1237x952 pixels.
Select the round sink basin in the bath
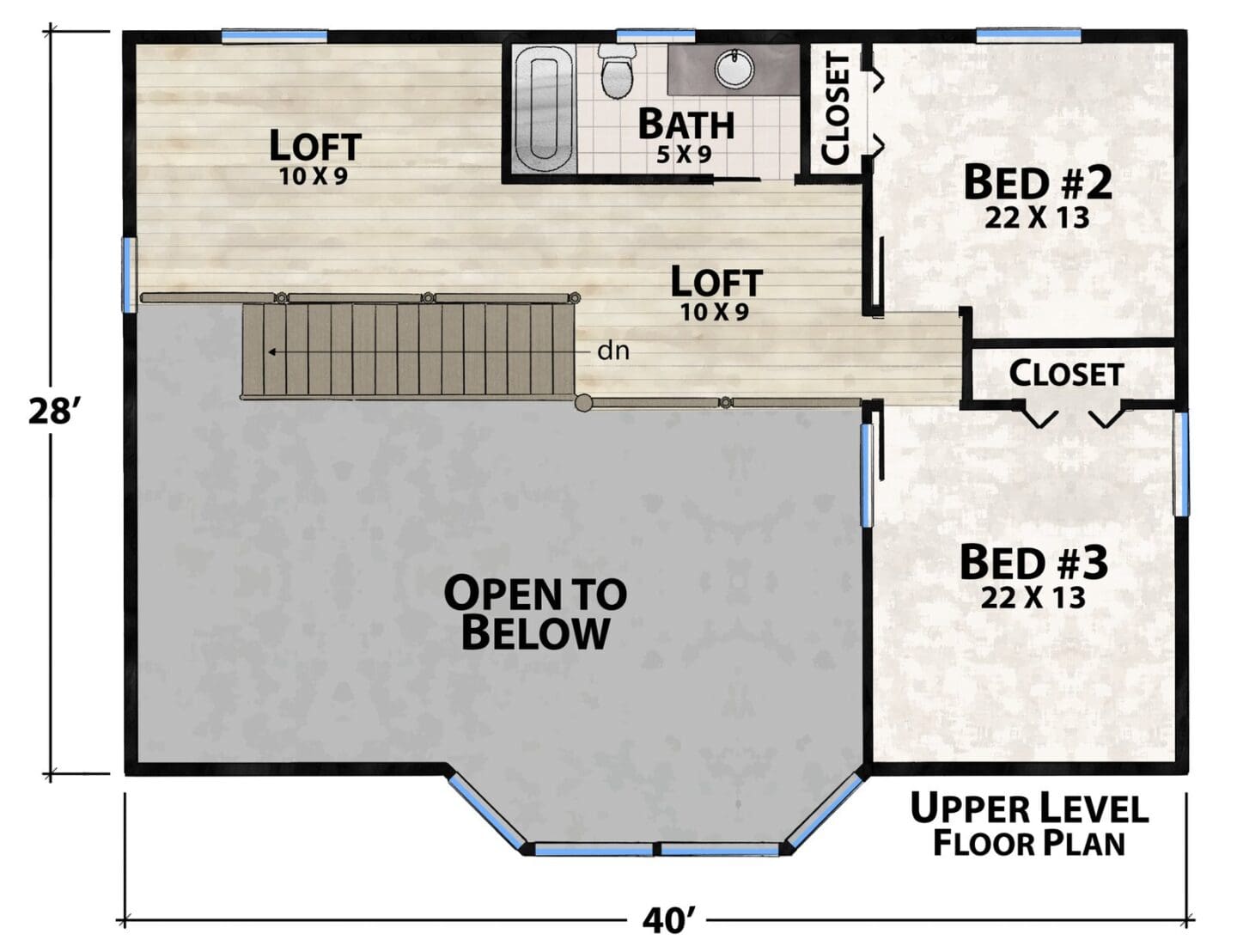tap(734, 69)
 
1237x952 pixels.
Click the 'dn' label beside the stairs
tap(613, 351)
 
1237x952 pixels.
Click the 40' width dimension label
tap(667, 921)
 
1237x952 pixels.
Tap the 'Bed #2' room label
tap(1037, 181)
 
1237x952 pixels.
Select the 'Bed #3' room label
tap(1033, 562)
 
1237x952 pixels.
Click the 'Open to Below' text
tap(535, 613)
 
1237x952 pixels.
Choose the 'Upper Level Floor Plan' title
tap(1029, 825)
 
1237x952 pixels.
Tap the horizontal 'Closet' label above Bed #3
tap(1066, 374)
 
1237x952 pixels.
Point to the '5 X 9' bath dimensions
tap(684, 155)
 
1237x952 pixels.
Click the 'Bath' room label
tap(686, 124)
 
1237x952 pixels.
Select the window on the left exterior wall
tap(129, 275)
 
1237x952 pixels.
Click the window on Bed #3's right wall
tap(1181, 464)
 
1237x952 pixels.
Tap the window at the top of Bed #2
tap(1028, 35)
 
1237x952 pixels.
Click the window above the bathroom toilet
tap(655, 35)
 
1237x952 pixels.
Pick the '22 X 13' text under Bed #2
tap(1037, 217)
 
